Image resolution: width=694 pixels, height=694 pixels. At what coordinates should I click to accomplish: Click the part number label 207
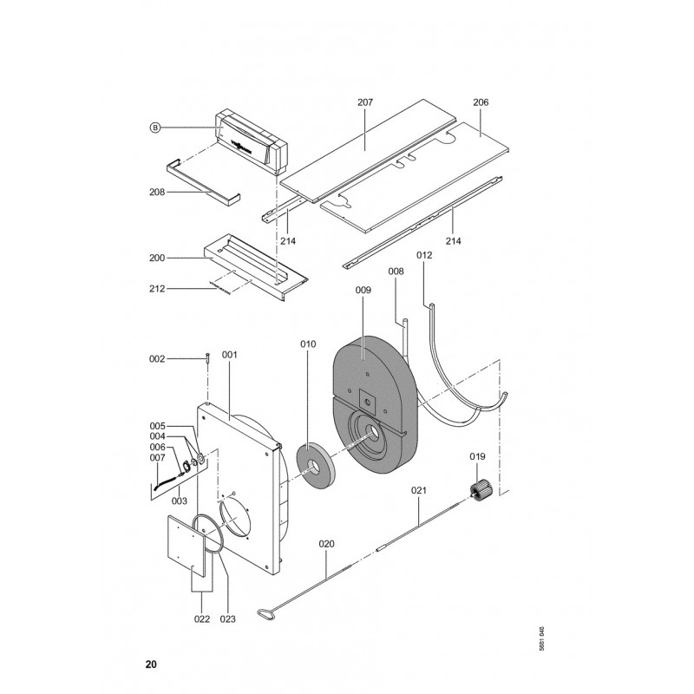click(x=364, y=102)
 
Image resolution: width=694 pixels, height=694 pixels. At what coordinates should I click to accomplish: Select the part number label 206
click(x=481, y=102)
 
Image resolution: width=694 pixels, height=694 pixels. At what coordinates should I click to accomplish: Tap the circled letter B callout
click(x=155, y=128)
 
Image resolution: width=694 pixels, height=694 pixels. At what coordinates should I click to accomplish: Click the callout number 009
click(x=363, y=292)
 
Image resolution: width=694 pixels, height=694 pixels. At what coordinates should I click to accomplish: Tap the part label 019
click(x=477, y=457)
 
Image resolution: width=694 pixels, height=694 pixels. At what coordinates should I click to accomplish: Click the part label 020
click(x=326, y=545)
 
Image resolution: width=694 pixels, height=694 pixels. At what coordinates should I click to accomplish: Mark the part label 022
click(x=201, y=619)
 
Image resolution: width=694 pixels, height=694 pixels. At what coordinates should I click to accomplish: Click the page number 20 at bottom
click(x=151, y=665)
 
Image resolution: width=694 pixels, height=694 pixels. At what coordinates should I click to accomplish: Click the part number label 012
click(x=424, y=256)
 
